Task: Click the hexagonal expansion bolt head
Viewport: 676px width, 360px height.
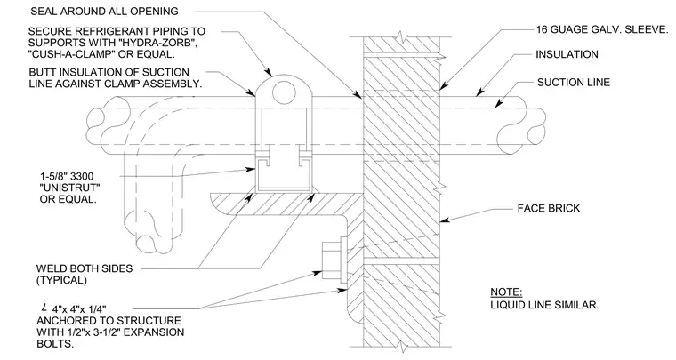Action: (330, 260)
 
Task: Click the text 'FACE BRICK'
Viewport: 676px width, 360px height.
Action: (549, 208)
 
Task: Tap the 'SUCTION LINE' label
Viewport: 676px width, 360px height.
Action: (574, 83)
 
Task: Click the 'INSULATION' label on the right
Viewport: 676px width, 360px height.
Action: (567, 54)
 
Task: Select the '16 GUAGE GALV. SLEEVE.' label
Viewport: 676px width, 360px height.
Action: (602, 29)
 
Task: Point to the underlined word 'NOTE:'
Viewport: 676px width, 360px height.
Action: (506, 292)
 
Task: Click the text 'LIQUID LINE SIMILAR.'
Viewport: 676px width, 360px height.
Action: (544, 305)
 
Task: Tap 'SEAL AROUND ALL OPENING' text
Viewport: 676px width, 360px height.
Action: (104, 12)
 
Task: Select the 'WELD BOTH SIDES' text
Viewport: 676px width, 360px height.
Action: (84, 268)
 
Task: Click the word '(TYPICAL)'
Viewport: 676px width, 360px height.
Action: (61, 280)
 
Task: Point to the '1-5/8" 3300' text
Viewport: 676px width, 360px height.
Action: (67, 177)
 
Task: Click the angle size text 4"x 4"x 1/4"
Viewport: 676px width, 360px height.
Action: (79, 309)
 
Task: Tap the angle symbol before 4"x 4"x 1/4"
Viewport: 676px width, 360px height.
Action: (44, 308)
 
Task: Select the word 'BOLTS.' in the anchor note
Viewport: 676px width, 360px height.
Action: (55, 344)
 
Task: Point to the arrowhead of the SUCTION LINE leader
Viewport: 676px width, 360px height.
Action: (499, 104)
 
